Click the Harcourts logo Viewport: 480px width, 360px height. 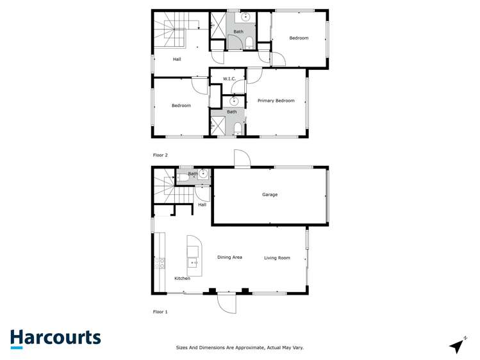click(x=55, y=338)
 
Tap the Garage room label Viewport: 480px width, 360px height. click(x=270, y=195)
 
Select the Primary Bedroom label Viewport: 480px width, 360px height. click(x=276, y=101)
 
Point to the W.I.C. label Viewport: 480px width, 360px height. click(x=229, y=79)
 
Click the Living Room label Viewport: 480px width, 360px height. click(x=277, y=258)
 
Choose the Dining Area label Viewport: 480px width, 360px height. click(x=229, y=258)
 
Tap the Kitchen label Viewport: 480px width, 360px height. click(x=182, y=279)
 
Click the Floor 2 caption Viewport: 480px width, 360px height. click(x=160, y=155)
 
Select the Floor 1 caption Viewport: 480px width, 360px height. click(x=160, y=312)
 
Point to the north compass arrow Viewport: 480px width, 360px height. click(x=457, y=346)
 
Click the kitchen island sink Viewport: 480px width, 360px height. click(x=192, y=262)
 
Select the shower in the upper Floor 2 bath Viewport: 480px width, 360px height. click(x=218, y=26)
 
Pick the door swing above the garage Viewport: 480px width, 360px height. click(x=242, y=158)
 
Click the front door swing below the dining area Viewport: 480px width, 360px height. click(x=227, y=302)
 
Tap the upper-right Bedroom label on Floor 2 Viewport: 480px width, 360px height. click(x=299, y=38)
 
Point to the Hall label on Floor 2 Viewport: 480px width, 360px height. click(x=177, y=60)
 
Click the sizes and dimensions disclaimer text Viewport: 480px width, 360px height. click(x=240, y=348)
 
